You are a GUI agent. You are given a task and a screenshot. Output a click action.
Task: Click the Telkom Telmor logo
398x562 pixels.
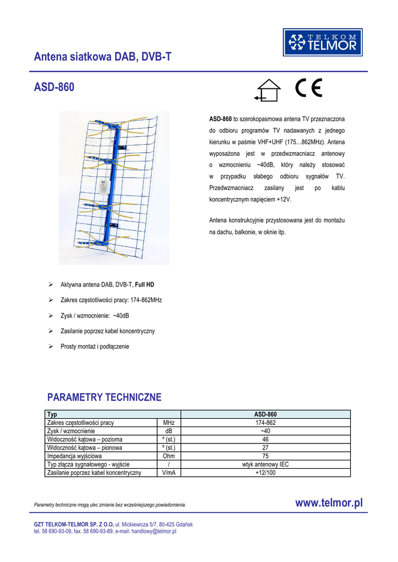coord(323,42)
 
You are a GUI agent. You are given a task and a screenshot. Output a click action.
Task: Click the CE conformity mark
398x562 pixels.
coord(309,88)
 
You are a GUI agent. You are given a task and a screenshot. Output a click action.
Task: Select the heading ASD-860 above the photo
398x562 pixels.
coord(54,87)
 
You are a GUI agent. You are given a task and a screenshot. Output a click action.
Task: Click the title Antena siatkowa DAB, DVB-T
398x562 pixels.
coord(103,56)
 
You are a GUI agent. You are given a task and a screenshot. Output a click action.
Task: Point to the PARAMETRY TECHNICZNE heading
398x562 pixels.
coord(104,397)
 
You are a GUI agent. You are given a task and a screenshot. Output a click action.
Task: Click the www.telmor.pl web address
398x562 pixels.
coord(329,503)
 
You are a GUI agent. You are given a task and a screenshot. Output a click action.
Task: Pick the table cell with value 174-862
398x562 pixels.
coord(265,423)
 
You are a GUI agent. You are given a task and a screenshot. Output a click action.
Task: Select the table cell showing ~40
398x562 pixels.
coord(265,431)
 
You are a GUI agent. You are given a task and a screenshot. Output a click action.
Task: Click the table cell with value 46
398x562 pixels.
coord(265,439)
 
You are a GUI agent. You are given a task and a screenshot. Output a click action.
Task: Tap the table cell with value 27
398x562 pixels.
coord(265,447)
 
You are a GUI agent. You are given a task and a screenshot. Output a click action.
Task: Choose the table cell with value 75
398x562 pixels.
coord(265,456)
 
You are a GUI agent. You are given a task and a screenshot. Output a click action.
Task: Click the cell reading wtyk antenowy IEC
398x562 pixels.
coord(265,464)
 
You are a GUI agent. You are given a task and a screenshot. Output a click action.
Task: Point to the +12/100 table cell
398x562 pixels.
coord(265,472)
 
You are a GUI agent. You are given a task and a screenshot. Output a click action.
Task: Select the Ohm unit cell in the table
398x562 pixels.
coord(169,456)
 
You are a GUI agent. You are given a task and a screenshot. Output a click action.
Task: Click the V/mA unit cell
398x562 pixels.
coord(169,472)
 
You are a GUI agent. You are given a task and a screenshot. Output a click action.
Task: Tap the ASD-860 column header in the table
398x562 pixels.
coord(265,414)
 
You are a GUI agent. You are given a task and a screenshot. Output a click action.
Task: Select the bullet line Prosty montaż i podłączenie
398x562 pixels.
coord(94,346)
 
